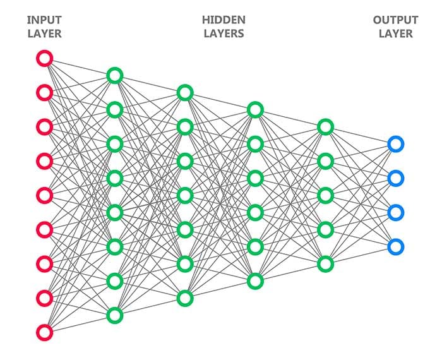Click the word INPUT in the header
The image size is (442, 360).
click(44, 20)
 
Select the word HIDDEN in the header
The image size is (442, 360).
click(224, 20)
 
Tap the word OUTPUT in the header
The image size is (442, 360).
click(395, 20)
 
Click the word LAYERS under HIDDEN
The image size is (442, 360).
click(224, 33)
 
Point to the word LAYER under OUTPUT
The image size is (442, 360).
click(395, 33)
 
